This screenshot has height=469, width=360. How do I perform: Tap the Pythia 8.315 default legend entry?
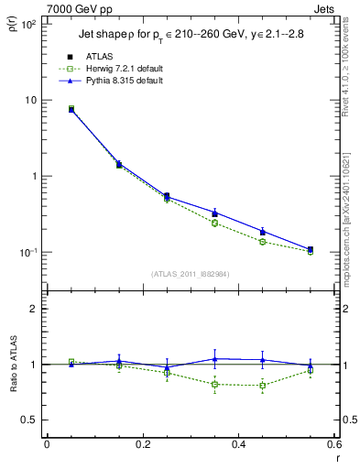pyautogui.click(x=117, y=81)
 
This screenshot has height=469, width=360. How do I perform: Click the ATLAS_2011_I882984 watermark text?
pyautogui.click(x=190, y=274)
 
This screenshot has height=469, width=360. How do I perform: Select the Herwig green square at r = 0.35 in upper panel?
pyautogui.click(x=214, y=223)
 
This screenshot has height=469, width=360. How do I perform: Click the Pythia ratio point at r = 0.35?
pyautogui.click(x=214, y=358)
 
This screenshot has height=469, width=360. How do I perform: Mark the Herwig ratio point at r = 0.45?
pyautogui.click(x=263, y=385)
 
